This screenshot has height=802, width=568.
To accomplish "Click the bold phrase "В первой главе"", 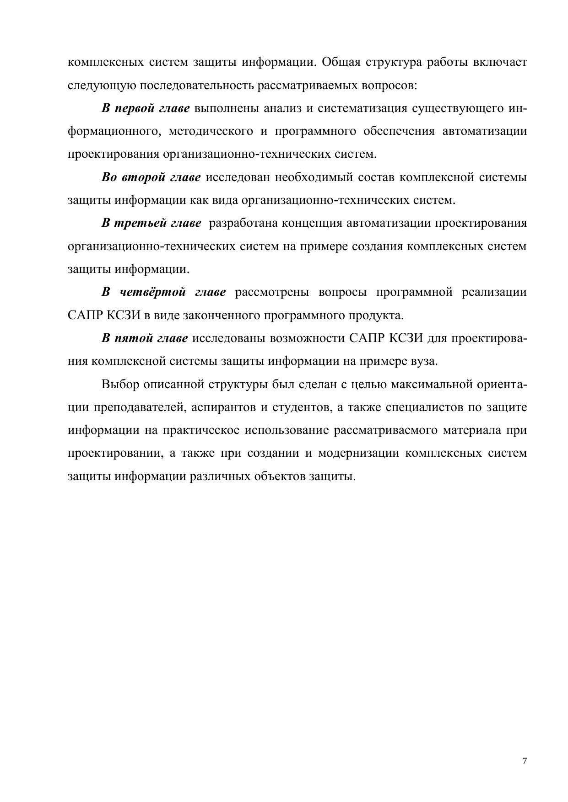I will [x=146, y=108].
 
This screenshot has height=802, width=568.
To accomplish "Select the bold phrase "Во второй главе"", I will [x=151, y=177].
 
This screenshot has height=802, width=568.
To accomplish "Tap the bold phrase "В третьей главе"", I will [x=151, y=223].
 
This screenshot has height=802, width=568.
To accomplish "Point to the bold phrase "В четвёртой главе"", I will [x=163, y=292].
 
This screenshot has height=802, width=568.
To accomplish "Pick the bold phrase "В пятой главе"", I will [x=145, y=338].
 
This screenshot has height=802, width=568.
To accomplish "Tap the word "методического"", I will [x=211, y=132].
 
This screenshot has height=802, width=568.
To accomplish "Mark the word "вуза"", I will [x=422, y=361].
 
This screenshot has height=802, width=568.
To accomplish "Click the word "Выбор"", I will [x=120, y=384].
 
